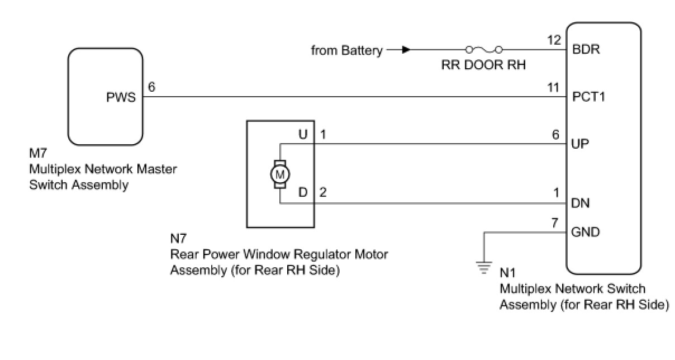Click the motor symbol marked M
[x=280, y=174]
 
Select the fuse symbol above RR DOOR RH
[x=484, y=49]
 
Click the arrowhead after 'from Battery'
[x=406, y=50]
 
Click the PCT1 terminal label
[x=589, y=97]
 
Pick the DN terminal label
[x=582, y=203]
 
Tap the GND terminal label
[x=586, y=232]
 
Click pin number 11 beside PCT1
[x=553, y=87]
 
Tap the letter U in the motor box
[x=303, y=135]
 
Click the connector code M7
[x=37, y=152]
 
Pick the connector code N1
[x=507, y=275]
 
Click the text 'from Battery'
[x=346, y=51]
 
